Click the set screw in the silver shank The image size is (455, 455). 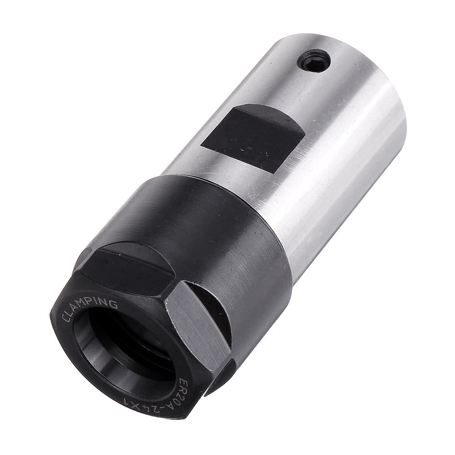click(314, 61)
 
